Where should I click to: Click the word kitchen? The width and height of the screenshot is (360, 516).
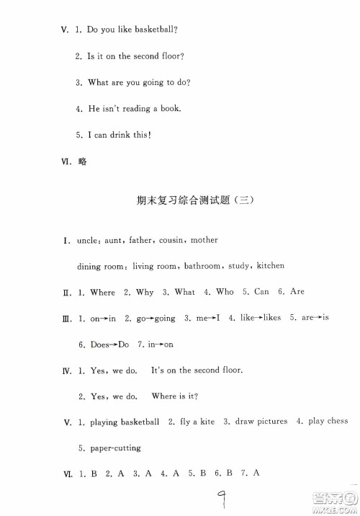pyautogui.click(x=270, y=266)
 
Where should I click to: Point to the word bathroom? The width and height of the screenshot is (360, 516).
pyautogui.click(x=202, y=266)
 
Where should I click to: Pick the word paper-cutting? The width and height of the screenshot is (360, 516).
pyautogui.click(x=114, y=448)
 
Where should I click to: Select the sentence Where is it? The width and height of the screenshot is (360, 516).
pyautogui.click(x=175, y=396)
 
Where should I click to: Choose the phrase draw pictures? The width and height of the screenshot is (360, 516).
pyautogui.click(x=261, y=421)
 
